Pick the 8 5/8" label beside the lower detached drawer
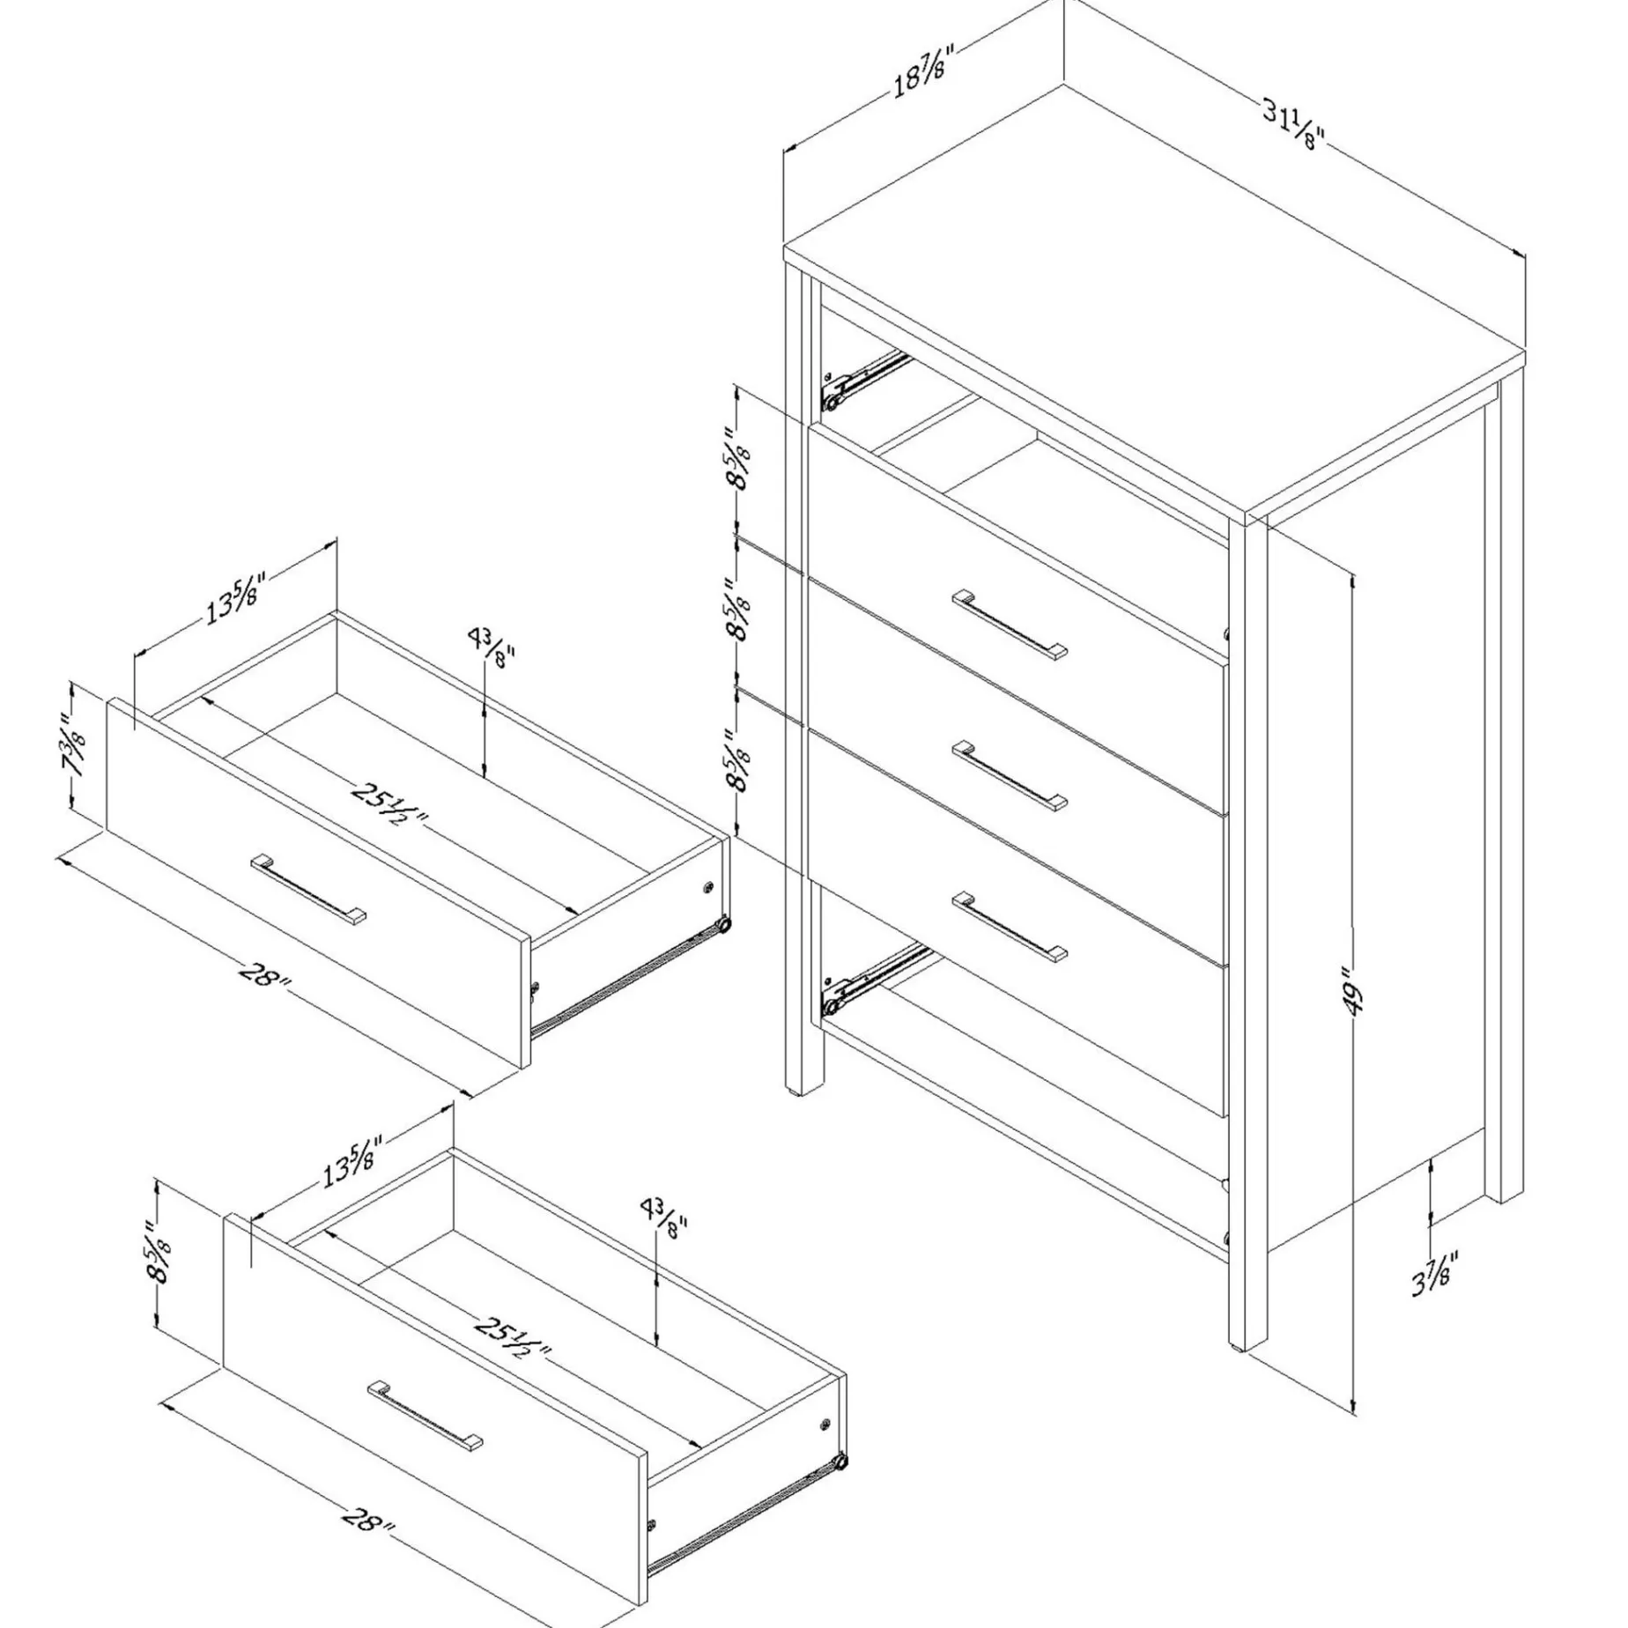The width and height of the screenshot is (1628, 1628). click(159, 1254)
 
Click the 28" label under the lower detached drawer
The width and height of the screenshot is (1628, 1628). click(365, 1522)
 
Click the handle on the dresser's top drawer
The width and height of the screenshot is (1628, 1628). click(1010, 625)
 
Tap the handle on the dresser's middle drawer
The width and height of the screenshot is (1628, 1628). click(1010, 776)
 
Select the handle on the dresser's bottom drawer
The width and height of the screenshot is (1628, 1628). click(1010, 926)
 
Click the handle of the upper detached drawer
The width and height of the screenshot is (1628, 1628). click(309, 889)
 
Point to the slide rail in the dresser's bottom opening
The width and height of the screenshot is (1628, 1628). click(873, 979)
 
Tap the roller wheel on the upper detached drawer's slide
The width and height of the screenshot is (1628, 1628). click(722, 925)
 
